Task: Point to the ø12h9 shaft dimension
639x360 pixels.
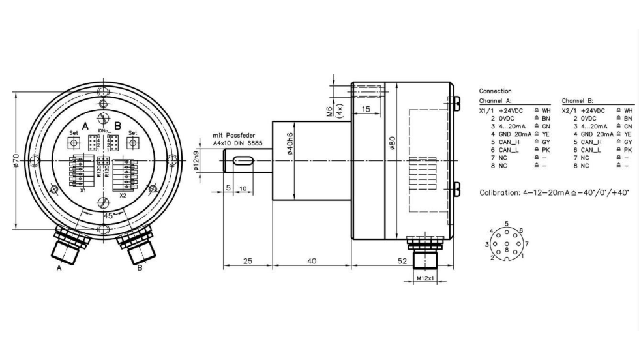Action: (196, 160)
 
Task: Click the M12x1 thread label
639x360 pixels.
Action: (424, 278)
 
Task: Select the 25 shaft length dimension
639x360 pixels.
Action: (247, 261)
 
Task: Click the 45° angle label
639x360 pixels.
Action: (109, 215)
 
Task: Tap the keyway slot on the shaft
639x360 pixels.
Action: (243, 161)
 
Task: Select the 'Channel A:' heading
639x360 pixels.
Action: (495, 101)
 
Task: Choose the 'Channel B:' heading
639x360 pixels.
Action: (577, 101)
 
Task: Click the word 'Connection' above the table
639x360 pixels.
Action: (495, 91)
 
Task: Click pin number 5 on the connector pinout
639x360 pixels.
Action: (506, 224)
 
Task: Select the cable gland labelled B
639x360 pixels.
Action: (136, 246)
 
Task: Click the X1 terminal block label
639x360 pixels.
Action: (83, 190)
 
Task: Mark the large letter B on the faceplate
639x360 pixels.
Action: (118, 125)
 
